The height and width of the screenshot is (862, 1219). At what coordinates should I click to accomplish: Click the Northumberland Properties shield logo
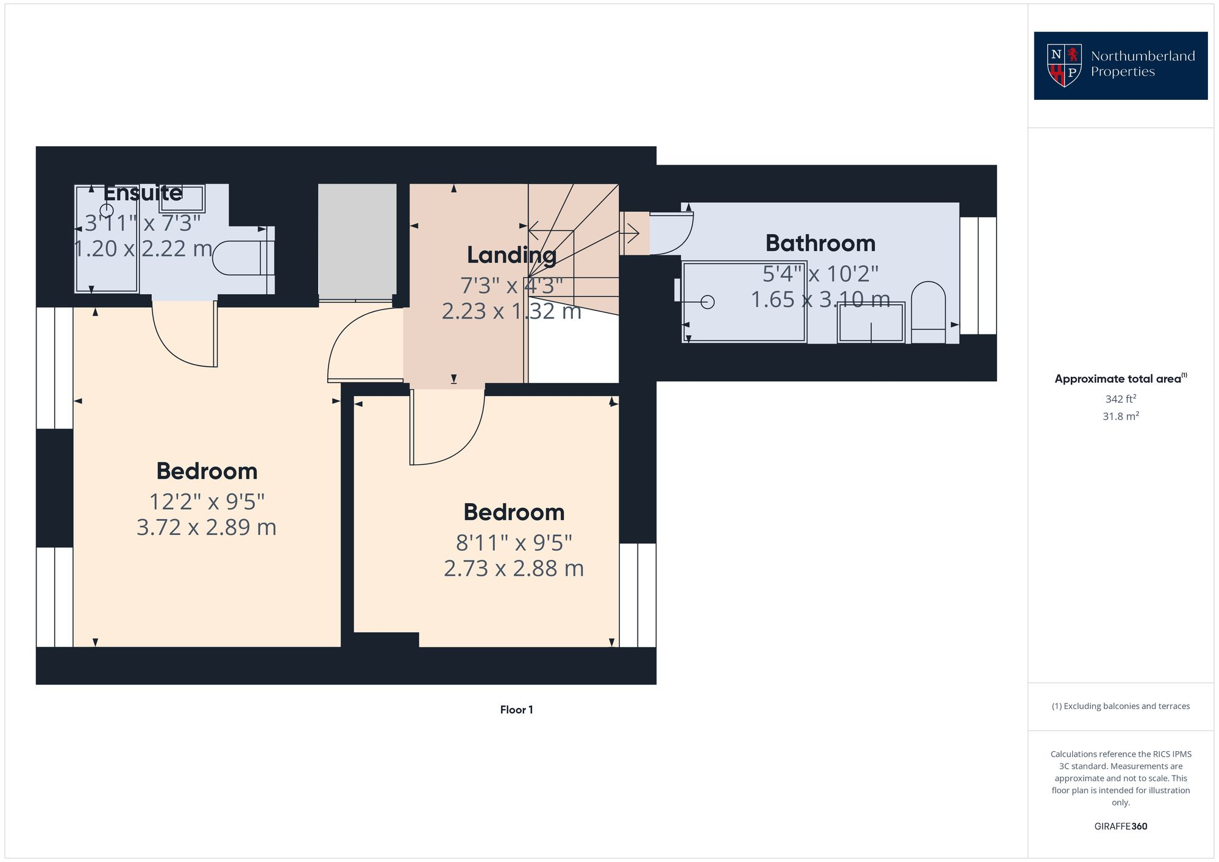click(x=1064, y=65)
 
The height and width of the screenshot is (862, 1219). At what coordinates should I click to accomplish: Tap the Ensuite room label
click(x=143, y=193)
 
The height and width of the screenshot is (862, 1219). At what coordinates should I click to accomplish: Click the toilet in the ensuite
click(x=241, y=258)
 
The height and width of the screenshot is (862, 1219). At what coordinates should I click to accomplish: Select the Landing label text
click(x=511, y=255)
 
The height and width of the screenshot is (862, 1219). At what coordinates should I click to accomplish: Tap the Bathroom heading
click(x=820, y=243)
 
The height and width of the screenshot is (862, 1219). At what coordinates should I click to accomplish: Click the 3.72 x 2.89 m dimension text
click(x=206, y=527)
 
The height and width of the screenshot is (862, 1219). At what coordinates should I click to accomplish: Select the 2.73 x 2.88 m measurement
click(x=513, y=568)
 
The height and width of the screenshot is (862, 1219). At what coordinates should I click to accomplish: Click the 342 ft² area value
click(x=1120, y=399)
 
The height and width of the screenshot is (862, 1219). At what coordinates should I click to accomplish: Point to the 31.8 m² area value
click(x=1120, y=417)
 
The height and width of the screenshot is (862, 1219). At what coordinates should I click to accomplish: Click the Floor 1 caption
click(x=516, y=710)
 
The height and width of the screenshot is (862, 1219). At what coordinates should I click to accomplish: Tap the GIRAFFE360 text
click(x=1120, y=827)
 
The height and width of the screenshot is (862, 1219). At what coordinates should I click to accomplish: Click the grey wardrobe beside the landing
click(x=357, y=241)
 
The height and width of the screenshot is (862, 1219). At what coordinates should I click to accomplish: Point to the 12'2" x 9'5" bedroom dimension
click(x=207, y=502)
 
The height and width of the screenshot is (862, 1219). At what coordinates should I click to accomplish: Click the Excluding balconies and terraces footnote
click(x=1120, y=706)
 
